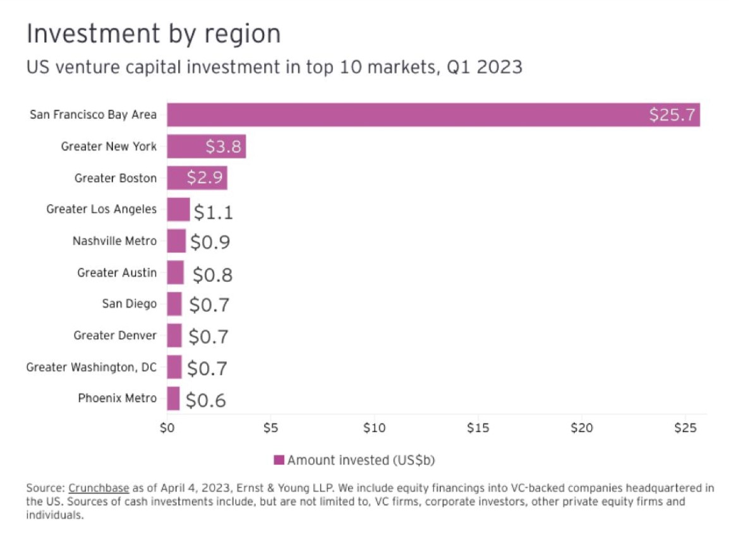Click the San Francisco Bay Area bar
tap(433, 114)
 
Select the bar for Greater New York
tap(206, 146)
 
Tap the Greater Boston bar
tap(196, 177)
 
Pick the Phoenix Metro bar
tap(173, 399)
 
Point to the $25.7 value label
tap(672, 115)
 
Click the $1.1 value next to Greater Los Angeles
tap(213, 212)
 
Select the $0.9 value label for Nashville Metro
tap(210, 242)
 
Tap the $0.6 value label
tap(206, 400)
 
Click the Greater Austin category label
tap(117, 273)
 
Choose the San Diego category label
tap(129, 304)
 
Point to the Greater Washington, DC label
tap(91, 367)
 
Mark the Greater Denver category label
tap(114, 335)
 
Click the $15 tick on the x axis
tap(478, 428)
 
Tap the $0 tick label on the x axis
tap(167, 428)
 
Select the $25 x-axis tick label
tap(685, 428)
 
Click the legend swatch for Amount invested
tap(279, 460)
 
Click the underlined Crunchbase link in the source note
tap(99, 488)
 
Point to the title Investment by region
tap(154, 34)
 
